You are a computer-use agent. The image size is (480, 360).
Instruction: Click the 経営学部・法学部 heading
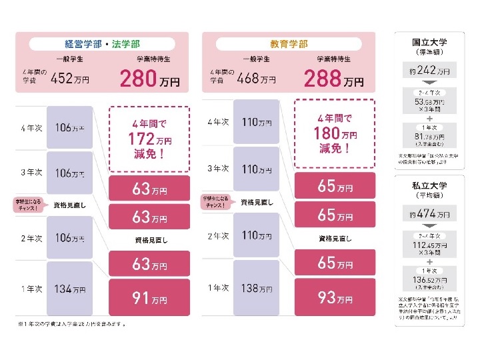[x=103, y=44]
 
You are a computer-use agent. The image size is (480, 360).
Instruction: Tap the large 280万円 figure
[x=149, y=79]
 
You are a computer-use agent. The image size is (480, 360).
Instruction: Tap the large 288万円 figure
[x=333, y=79]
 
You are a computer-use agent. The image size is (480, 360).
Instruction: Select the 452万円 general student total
[x=70, y=79]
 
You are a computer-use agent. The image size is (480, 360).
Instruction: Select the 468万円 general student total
[x=257, y=79]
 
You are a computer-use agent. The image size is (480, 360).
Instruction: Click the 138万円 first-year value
[x=257, y=289]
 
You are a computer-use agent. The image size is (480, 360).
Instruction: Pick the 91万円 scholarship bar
[x=149, y=298]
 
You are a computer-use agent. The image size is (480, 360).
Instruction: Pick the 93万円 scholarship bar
[x=335, y=298]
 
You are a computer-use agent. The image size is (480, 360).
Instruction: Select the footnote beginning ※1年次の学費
[x=73, y=325]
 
